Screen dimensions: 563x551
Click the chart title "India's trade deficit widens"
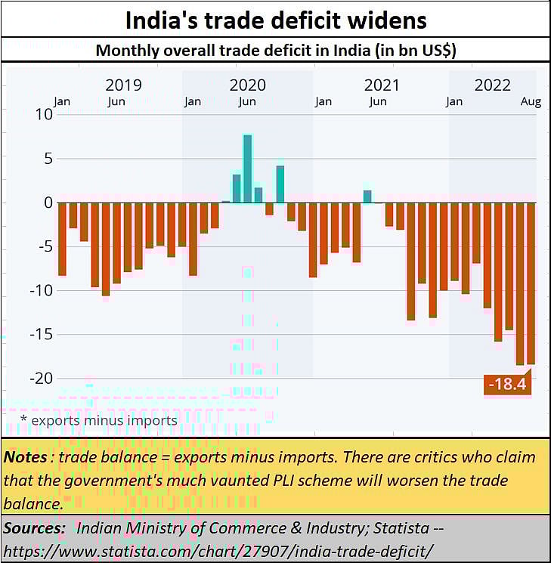[x=275, y=20]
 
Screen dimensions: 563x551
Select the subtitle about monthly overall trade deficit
[x=275, y=52]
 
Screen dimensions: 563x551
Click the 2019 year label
[x=123, y=85]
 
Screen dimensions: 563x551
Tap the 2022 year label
[x=492, y=85]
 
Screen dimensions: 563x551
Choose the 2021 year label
[x=382, y=85]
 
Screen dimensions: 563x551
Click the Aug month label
[x=531, y=102]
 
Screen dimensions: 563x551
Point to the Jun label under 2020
[x=247, y=102]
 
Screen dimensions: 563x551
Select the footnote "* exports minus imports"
[x=99, y=420]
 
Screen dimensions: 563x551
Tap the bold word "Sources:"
[x=34, y=527]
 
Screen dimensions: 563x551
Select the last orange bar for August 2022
[x=531, y=283]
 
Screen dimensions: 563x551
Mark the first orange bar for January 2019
[x=62, y=239]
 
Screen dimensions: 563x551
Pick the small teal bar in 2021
[x=367, y=196]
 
